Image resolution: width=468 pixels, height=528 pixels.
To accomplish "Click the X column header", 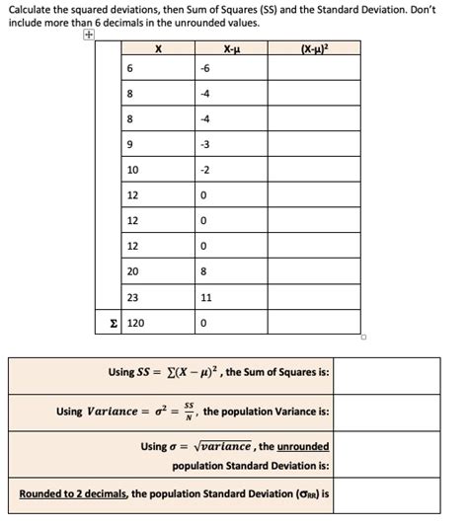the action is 159,47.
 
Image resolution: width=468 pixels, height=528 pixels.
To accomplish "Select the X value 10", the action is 133,170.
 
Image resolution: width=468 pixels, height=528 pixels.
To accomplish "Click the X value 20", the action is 133,270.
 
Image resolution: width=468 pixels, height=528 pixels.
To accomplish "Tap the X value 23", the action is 133,296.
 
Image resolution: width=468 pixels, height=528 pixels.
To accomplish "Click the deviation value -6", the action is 203,68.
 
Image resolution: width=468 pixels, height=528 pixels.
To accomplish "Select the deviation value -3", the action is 203,144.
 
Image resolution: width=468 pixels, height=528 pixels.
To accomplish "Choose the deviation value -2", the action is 203,170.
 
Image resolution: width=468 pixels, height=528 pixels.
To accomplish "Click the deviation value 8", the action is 203,270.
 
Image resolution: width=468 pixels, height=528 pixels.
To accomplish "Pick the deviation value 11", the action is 205,296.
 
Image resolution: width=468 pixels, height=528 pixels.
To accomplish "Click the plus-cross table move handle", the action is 89,35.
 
